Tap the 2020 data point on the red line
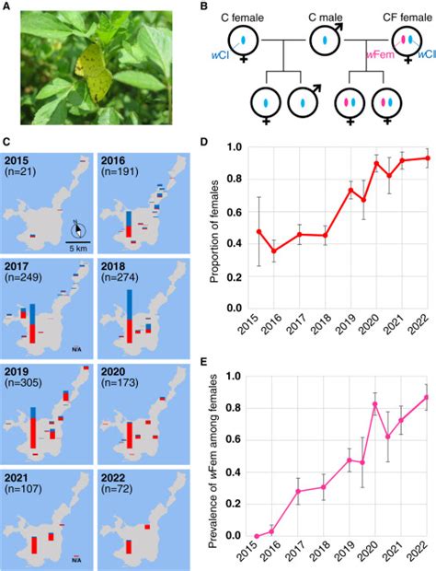coord(376,164)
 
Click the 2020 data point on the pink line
coord(376,404)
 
